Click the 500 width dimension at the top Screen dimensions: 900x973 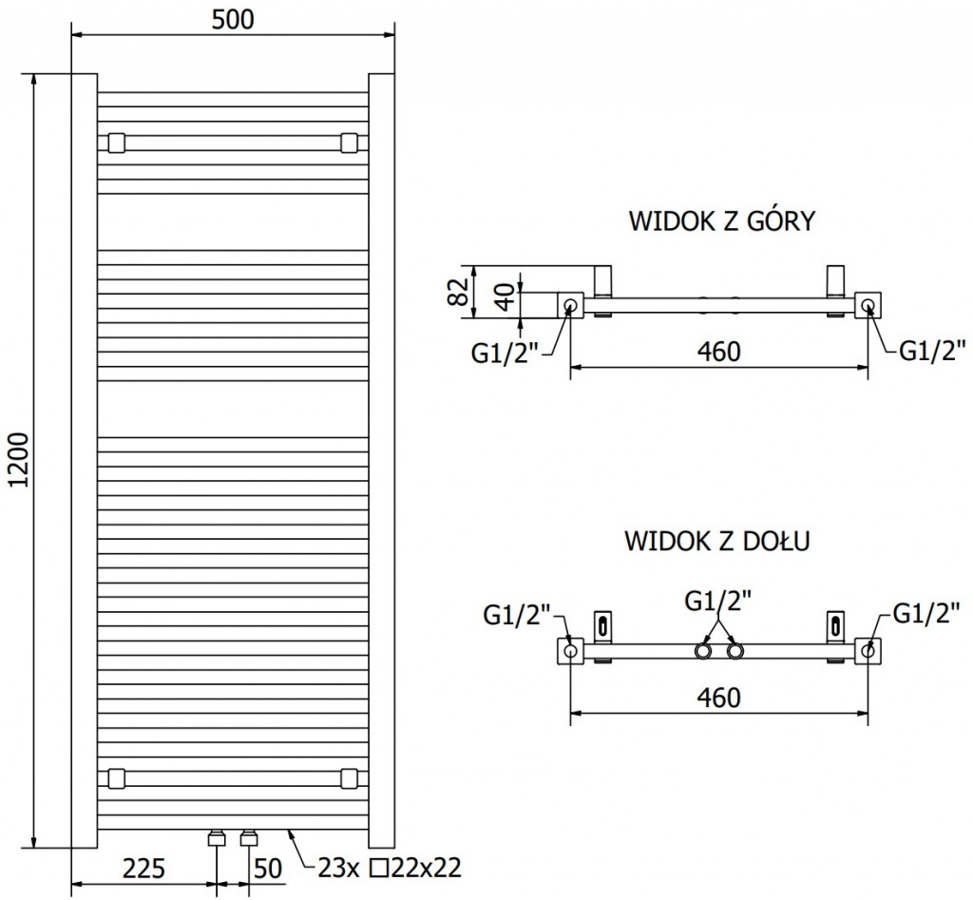coord(234,19)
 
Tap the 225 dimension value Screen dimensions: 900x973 coord(144,869)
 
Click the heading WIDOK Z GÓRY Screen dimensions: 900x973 coord(722,221)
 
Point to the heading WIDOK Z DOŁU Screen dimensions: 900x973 coord(716,542)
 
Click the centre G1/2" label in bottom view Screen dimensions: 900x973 coord(718,601)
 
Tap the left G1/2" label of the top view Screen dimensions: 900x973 coord(505,353)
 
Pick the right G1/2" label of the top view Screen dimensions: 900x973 coord(933,353)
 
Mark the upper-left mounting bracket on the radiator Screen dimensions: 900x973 coord(116,143)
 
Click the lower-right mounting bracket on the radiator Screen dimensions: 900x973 coord(350,778)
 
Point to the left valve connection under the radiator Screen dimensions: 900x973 coord(216,838)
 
